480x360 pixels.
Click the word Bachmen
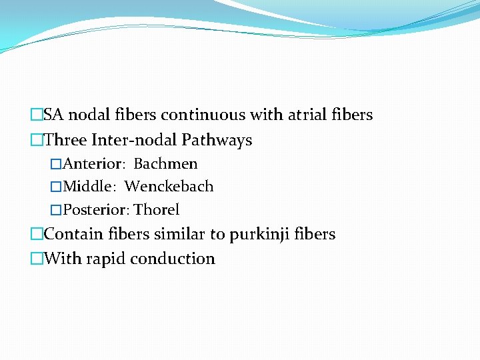click(x=165, y=163)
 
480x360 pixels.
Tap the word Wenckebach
click(x=169, y=187)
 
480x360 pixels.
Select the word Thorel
click(x=156, y=210)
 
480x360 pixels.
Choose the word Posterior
click(x=95, y=210)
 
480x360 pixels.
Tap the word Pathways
click(x=221, y=141)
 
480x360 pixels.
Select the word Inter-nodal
click(x=141, y=141)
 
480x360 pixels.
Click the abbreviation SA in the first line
click(x=54, y=115)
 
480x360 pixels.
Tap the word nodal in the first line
click(x=85, y=115)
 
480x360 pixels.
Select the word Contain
click(x=71, y=235)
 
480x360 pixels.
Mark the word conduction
click(x=173, y=259)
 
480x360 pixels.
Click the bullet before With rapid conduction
click(x=37, y=259)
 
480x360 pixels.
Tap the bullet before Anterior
click(x=56, y=164)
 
